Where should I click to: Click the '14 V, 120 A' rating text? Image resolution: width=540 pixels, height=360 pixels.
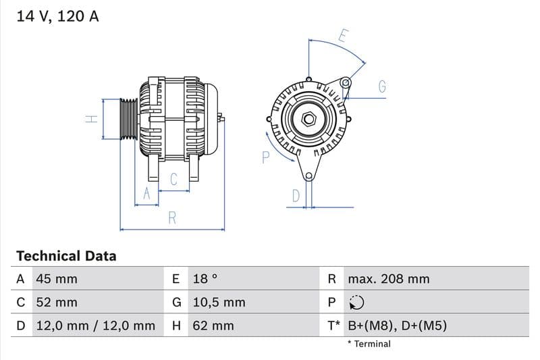tap(57, 16)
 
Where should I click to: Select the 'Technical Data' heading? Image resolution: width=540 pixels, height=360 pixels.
tap(66, 256)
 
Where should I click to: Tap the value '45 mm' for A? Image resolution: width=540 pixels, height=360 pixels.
tap(56, 279)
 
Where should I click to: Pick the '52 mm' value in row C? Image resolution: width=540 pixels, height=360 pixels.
tap(56, 302)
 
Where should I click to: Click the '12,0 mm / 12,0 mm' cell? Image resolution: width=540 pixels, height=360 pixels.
tap(94, 326)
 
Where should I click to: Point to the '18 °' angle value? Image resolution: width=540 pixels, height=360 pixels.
tap(205, 279)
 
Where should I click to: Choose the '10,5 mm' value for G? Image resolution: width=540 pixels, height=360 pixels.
tap(218, 302)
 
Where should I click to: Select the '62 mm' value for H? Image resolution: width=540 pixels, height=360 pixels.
tap(213, 326)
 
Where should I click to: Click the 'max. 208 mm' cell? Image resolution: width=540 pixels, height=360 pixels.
tap(388, 279)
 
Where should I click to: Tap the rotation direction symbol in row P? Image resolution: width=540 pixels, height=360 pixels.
tap(356, 303)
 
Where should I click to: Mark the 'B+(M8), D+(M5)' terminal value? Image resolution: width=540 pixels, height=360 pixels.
tap(397, 326)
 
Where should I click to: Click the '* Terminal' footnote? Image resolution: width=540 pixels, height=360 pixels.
tap(369, 344)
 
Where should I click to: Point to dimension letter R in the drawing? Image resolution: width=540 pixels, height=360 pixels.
tap(172, 217)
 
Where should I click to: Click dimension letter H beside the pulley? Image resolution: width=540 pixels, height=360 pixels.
tap(92, 119)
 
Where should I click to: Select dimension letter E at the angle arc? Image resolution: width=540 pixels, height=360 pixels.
tap(343, 35)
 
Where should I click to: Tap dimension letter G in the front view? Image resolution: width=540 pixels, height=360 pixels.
tap(382, 86)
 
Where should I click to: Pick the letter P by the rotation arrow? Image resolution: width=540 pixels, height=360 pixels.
tap(265, 157)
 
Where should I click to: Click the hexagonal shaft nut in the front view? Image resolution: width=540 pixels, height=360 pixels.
tap(308, 120)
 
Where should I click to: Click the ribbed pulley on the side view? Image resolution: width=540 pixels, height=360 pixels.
tap(128, 119)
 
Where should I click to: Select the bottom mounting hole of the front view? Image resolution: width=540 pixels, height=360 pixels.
tap(309, 177)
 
